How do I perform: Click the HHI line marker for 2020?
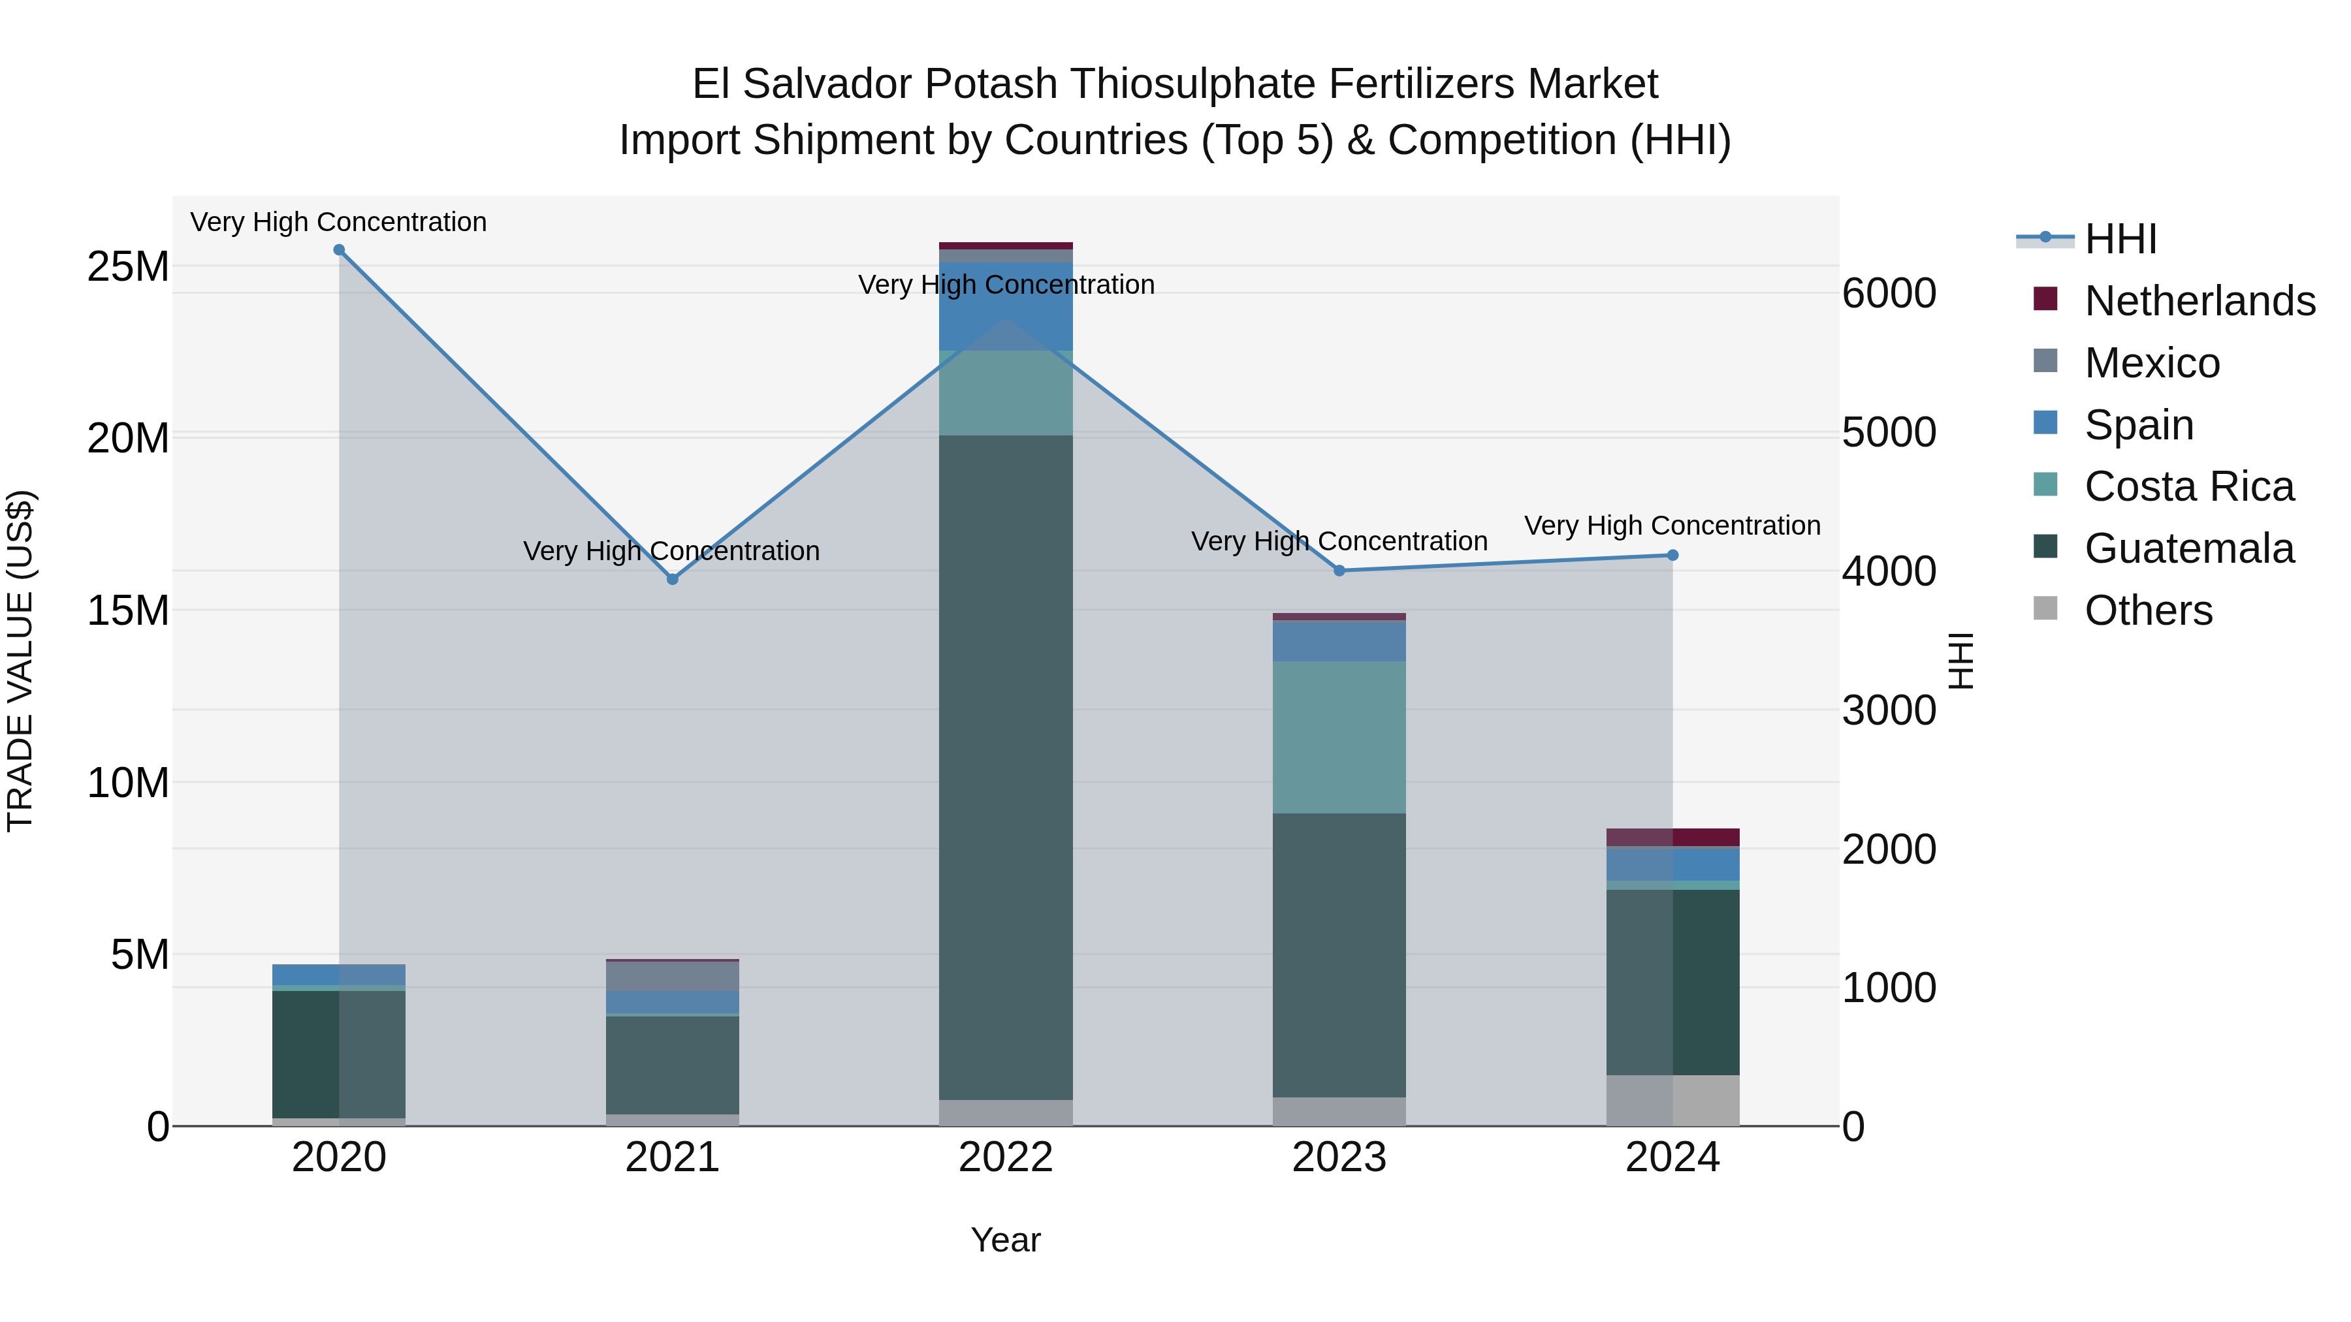[338, 250]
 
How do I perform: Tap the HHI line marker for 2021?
[673, 579]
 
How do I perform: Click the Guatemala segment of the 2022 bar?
[1006, 766]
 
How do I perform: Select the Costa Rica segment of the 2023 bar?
[1339, 737]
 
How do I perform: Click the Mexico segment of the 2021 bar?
[673, 976]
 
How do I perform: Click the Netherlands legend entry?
[2199, 301]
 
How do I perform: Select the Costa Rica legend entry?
[2188, 487]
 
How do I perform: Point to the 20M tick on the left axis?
[128, 439]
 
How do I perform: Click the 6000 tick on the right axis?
[1888, 294]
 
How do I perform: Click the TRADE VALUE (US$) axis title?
[20, 661]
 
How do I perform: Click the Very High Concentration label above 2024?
[1672, 526]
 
